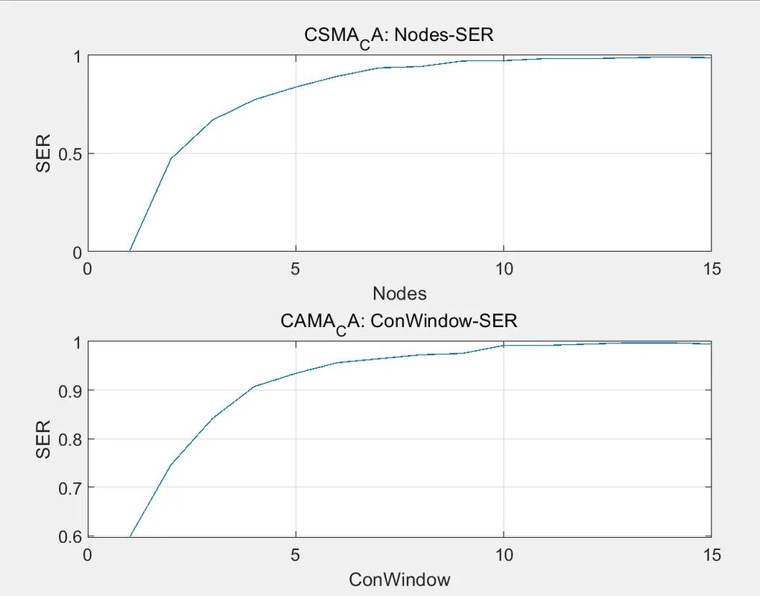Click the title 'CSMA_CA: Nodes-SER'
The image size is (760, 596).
(399, 36)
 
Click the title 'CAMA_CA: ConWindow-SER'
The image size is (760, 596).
(399, 322)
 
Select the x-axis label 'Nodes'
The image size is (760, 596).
(399, 293)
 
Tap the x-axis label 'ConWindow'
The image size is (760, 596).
(399, 579)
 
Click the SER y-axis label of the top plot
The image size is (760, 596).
(44, 153)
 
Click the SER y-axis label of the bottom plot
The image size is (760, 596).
(44, 440)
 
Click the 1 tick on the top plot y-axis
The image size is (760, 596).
(77, 57)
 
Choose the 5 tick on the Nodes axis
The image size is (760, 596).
(296, 268)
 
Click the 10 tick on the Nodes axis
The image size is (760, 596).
(504, 268)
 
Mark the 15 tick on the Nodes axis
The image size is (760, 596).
(712, 268)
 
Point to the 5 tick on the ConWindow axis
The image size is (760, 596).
(296, 554)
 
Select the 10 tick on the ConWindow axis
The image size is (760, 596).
(504, 554)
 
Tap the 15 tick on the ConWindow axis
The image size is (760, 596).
(712, 554)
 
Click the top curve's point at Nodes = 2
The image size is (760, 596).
(171, 158)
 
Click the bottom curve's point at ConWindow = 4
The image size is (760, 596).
(254, 387)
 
